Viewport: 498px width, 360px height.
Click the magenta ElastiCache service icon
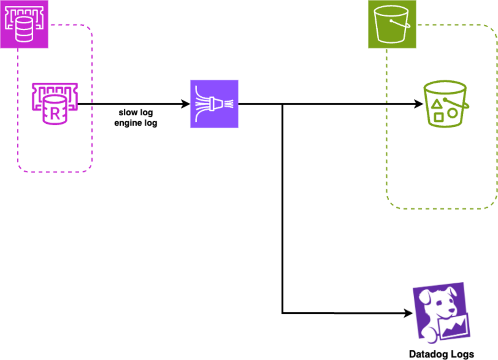pyautogui.click(x=24, y=24)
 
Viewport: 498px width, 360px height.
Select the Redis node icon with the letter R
pyautogui.click(x=54, y=104)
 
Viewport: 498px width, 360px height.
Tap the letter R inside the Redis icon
pyautogui.click(x=55, y=114)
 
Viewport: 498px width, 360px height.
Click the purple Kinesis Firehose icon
pyautogui.click(x=214, y=104)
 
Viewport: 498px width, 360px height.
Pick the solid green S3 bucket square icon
pyautogui.click(x=392, y=24)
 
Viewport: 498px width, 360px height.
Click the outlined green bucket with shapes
pyautogui.click(x=445, y=104)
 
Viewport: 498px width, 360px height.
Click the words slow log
pyautogui.click(x=136, y=113)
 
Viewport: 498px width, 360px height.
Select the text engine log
pyautogui.click(x=136, y=123)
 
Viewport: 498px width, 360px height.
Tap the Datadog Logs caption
pyautogui.click(x=441, y=354)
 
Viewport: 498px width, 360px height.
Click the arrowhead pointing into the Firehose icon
pyautogui.click(x=186, y=104)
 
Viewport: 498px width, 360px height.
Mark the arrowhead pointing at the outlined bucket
pyautogui.click(x=419, y=104)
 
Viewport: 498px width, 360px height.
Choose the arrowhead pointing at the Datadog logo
pyautogui.click(x=409, y=313)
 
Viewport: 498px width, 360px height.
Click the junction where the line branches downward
pyautogui.click(x=282, y=104)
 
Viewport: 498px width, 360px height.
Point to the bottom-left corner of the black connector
pyautogui.click(x=282, y=313)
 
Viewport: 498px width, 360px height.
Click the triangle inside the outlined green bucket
pyautogui.click(x=436, y=104)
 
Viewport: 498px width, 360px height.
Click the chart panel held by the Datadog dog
pyautogui.click(x=454, y=327)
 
